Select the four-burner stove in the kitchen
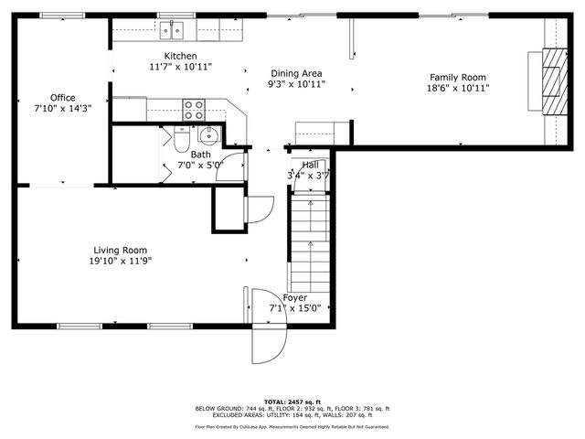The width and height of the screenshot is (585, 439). [194, 110]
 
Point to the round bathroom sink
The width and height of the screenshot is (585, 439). [208, 138]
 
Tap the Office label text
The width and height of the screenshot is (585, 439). [63, 97]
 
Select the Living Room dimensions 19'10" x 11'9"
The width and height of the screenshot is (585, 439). [121, 261]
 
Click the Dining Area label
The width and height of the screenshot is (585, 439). [296, 73]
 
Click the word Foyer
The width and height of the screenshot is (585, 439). [294, 298]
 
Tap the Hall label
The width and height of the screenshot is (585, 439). [311, 164]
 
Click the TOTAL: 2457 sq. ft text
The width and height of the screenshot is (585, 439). [292, 402]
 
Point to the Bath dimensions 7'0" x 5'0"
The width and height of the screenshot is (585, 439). [200, 166]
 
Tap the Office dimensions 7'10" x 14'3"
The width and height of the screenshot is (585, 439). [63, 108]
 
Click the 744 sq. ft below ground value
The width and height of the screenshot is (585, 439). [251, 409]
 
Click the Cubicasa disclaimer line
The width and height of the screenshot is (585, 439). [292, 426]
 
